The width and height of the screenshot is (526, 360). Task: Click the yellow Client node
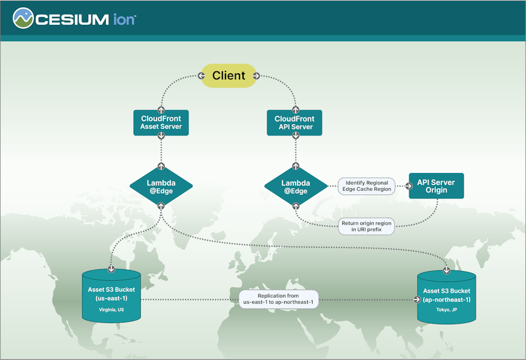click(x=229, y=76)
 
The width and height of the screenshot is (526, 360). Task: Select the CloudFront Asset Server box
click(x=161, y=123)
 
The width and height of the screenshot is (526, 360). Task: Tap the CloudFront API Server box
click(x=294, y=123)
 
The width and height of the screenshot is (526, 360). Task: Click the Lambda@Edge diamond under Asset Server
click(x=161, y=187)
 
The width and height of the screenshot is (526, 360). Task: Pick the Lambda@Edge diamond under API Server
click(x=295, y=187)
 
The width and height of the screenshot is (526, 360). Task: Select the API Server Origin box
click(x=436, y=186)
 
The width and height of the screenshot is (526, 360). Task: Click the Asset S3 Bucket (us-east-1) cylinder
click(x=111, y=296)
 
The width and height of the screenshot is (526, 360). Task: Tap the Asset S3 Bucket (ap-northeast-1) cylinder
click(x=447, y=298)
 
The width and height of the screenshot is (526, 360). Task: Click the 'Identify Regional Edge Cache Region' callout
click(x=366, y=186)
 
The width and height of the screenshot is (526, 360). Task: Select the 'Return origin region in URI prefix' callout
click(x=366, y=226)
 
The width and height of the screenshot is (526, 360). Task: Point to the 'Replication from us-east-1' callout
click(x=279, y=299)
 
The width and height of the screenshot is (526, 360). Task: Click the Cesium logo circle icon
click(x=23, y=18)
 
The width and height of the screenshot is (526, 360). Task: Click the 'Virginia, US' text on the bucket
click(x=111, y=309)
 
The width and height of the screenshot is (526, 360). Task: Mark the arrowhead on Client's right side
click(x=256, y=76)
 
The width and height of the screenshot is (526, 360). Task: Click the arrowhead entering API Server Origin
click(x=404, y=186)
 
